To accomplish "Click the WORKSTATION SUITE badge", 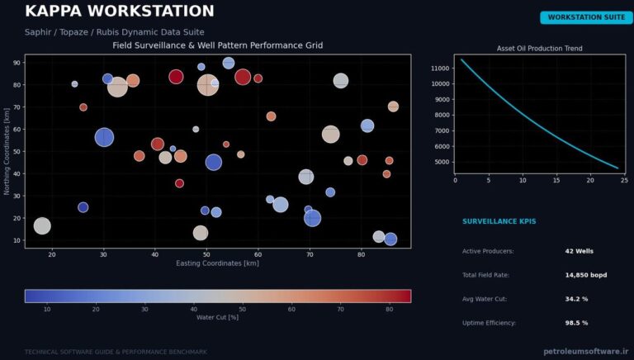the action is point(586,17).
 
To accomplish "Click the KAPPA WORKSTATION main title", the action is point(120,11).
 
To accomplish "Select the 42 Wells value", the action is point(579,251).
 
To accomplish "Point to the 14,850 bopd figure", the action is point(586,275).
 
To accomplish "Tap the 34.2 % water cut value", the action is point(576,299).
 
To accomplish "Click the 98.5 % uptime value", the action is point(576,323).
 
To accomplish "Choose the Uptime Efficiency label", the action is point(490,323).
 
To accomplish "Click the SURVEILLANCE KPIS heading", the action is point(499,221).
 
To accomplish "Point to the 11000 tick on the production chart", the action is point(440,69).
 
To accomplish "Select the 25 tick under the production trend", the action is point(624,180).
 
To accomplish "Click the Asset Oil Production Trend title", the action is point(539,48).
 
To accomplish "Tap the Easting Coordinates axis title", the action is point(218,263).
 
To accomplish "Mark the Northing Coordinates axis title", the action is point(7,151).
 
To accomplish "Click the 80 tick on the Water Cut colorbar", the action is point(389,310).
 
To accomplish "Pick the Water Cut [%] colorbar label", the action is point(218,318).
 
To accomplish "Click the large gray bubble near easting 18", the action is point(42,225).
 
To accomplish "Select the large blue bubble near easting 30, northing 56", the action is point(104,138).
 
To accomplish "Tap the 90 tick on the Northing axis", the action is point(17,63).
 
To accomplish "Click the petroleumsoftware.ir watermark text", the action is point(586,351).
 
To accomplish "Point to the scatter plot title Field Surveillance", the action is point(218,45).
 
